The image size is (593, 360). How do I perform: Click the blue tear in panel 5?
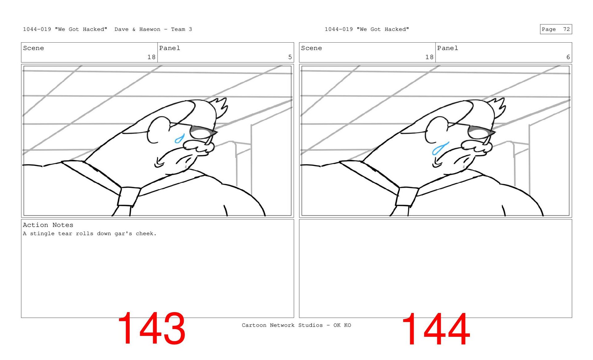179,139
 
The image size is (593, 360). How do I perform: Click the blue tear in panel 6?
440,149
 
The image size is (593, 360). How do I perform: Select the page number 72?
566,29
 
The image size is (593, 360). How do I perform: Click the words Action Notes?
48,225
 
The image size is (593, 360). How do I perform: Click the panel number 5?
290,57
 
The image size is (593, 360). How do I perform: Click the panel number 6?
568,57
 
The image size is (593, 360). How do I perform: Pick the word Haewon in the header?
150,29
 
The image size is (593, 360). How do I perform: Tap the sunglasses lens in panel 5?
202,132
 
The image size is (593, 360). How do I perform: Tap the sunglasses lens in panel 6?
481,132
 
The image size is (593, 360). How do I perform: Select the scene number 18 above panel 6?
429,57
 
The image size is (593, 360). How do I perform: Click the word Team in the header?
178,29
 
